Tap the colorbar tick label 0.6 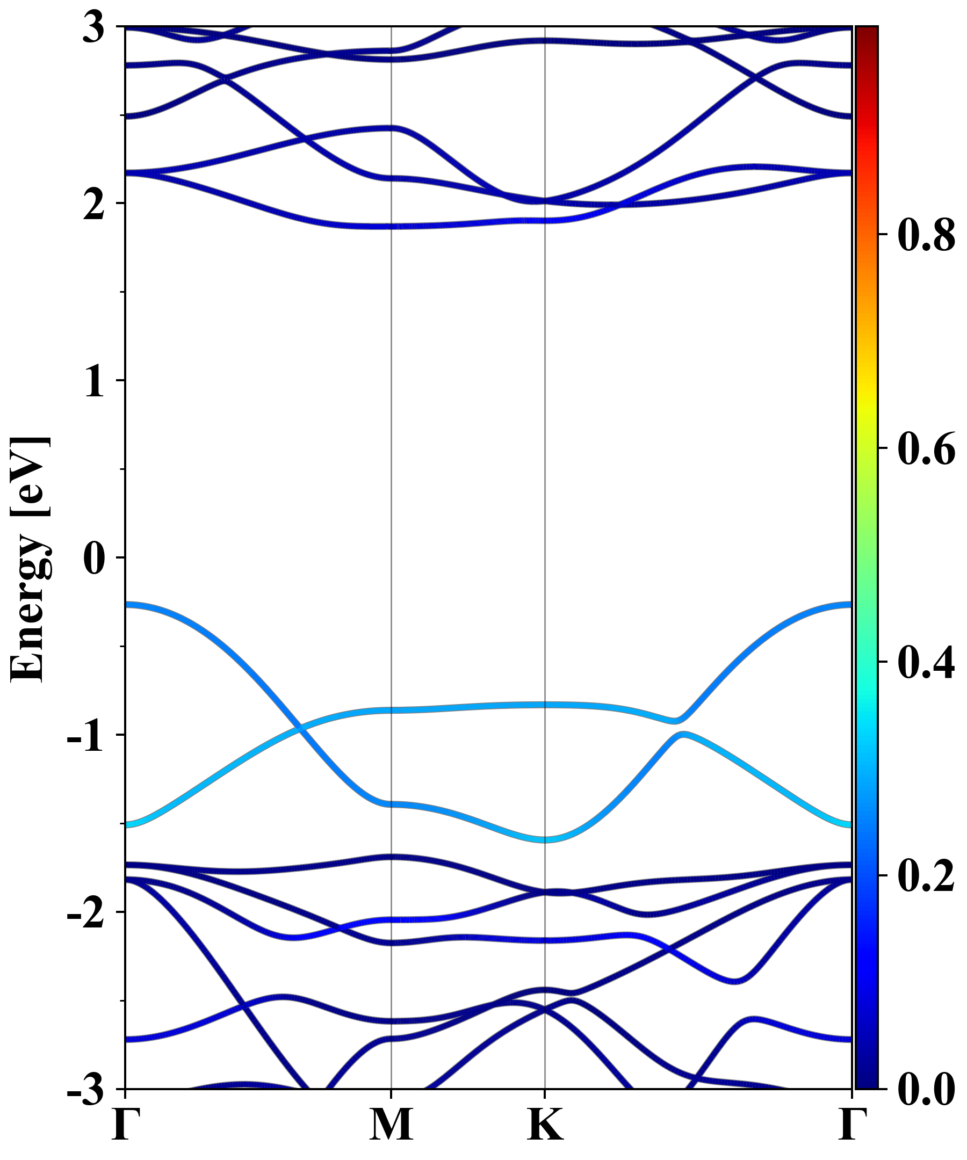[926, 448]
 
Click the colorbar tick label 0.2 [926, 875]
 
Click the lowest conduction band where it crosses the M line [391, 226]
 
